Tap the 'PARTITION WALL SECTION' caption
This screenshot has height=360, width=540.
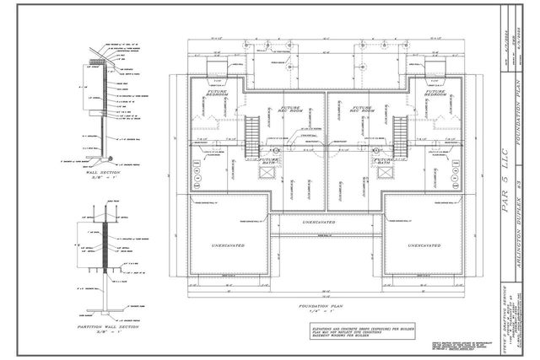(x=107, y=327)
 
